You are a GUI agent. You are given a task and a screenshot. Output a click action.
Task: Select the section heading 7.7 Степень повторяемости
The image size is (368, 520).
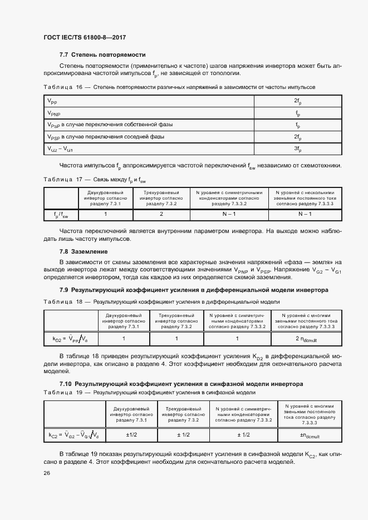(x=102, y=55)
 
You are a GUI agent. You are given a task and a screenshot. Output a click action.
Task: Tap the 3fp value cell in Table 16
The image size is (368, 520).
(x=298, y=149)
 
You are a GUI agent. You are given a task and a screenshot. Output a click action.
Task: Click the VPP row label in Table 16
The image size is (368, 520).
(x=51, y=101)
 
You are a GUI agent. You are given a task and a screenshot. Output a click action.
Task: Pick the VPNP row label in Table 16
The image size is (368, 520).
(x=53, y=113)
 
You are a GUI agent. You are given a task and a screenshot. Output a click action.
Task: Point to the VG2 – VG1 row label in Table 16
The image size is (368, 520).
(x=60, y=149)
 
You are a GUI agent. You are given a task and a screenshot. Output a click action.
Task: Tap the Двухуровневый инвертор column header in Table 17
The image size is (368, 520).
(x=106, y=198)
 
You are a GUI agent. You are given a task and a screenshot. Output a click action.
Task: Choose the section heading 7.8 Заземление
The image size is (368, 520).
(x=84, y=251)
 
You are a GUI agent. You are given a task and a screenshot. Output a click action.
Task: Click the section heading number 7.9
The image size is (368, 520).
(x=63, y=290)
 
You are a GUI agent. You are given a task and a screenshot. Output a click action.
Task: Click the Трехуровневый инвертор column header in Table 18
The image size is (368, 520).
(x=176, y=320)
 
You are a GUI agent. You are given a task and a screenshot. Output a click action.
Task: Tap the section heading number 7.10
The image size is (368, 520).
(x=65, y=384)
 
